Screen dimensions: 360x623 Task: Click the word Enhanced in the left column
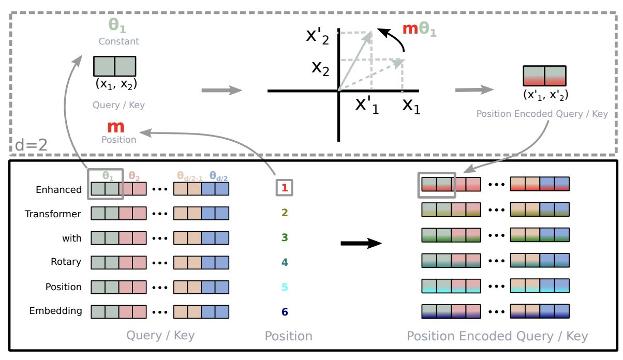tap(58, 190)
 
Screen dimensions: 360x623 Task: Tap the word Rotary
tap(66, 262)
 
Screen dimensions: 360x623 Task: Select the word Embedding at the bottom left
tap(55, 311)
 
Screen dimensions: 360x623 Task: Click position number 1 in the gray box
tap(284, 188)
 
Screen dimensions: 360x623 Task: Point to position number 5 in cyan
tap(284, 287)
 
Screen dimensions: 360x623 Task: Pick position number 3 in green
tap(284, 237)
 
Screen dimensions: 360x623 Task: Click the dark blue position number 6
tap(284, 312)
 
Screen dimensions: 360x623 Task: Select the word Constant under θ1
tap(119, 41)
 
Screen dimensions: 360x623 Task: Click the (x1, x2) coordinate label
tap(116, 84)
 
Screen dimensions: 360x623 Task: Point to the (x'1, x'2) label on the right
tap(545, 94)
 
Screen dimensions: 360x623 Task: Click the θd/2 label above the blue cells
tap(218, 176)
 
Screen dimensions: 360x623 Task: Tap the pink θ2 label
tap(133, 176)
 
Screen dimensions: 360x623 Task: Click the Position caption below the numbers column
tap(288, 336)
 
